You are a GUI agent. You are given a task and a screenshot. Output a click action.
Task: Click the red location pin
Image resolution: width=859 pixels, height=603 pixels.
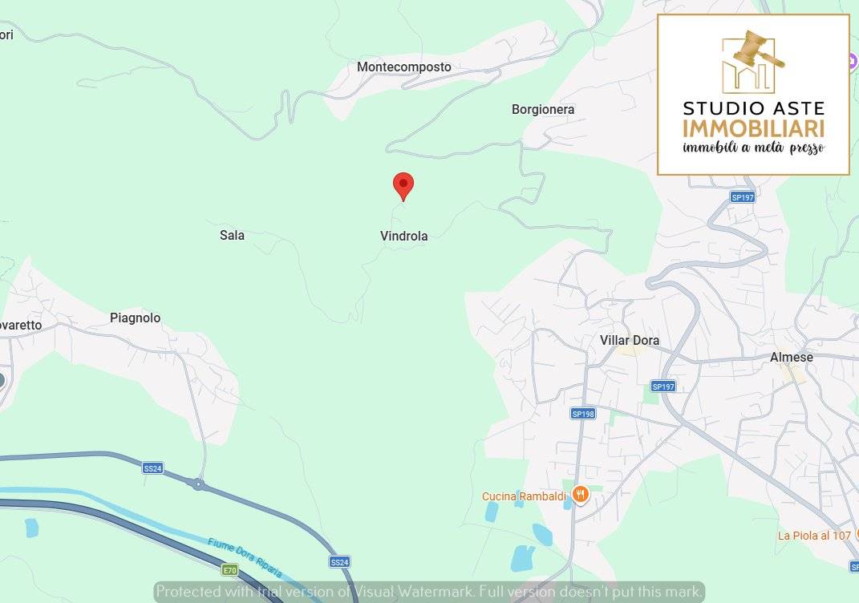403,185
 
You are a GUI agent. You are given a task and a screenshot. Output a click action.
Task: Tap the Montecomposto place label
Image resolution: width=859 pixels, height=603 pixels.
404,67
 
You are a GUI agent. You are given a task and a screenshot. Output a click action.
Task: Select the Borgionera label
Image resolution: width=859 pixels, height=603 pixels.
543,109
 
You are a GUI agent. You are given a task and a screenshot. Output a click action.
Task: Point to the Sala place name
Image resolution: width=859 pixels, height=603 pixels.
232,235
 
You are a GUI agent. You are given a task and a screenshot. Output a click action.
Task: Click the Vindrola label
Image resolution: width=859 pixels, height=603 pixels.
403,236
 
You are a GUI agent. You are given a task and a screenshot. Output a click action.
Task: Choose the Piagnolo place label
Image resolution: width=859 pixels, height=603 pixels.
135,318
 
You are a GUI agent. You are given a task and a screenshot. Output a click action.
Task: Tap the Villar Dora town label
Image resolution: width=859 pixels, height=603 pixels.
630,340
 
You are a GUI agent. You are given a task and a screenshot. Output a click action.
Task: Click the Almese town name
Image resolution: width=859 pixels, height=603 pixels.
792,357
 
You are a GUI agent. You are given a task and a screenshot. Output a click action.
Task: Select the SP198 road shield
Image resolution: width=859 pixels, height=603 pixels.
582,414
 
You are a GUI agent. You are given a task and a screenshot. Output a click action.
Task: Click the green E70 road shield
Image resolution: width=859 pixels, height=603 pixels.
230,570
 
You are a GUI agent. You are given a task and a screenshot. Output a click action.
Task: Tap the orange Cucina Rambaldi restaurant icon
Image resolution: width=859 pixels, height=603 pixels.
581,495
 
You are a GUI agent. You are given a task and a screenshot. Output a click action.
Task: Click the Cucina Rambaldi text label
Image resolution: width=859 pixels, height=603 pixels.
524,496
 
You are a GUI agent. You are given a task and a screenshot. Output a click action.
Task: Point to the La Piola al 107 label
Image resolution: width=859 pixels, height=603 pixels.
813,535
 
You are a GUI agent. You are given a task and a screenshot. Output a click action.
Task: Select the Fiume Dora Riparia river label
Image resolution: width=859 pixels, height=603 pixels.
245,557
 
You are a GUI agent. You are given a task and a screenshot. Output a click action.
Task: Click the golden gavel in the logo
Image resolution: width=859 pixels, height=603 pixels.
757,49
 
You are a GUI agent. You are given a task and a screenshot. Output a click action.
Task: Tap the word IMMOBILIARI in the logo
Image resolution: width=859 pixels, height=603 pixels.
753,128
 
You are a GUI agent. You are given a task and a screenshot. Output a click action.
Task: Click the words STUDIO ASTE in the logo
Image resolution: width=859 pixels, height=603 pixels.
753,108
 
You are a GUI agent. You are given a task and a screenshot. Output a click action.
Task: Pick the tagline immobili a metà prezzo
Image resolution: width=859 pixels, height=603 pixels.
753,148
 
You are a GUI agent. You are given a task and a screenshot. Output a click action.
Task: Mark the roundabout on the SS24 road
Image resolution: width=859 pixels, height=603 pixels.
197,484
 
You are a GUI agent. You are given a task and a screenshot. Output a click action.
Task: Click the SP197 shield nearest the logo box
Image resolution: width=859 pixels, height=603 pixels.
743,197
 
